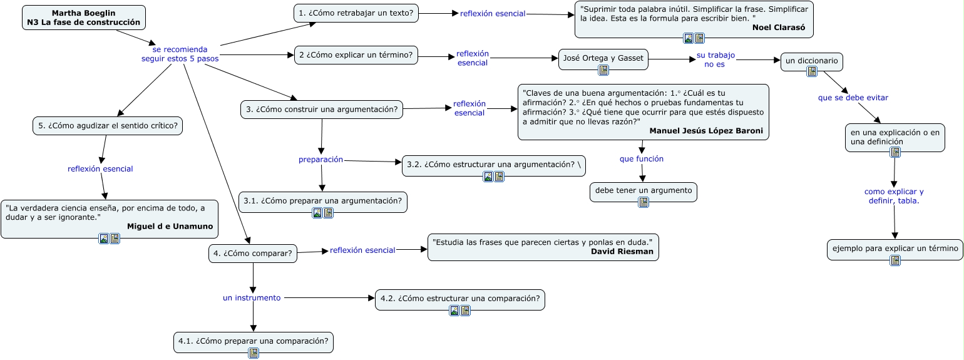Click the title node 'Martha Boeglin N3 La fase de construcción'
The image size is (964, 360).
83,18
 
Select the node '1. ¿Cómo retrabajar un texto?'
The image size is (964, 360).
356,13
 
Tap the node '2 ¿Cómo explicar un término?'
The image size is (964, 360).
356,55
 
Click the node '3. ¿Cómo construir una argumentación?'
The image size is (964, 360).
322,110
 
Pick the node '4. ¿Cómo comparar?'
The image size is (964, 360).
253,254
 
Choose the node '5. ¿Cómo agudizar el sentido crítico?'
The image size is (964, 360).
108,126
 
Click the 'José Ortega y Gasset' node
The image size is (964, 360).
603,58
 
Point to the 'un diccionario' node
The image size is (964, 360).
812,61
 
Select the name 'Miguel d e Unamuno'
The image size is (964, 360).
170,226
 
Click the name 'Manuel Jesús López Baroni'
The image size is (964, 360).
706,131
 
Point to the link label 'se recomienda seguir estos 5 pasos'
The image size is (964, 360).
180,54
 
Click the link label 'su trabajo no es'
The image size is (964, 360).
715,59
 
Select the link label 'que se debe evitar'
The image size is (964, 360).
853,98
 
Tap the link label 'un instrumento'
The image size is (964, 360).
252,298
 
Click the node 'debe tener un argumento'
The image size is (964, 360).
644,190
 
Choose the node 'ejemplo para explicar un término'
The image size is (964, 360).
895,249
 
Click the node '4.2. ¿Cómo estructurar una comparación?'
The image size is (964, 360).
459,298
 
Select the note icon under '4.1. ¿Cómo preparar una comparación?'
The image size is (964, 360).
254,353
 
